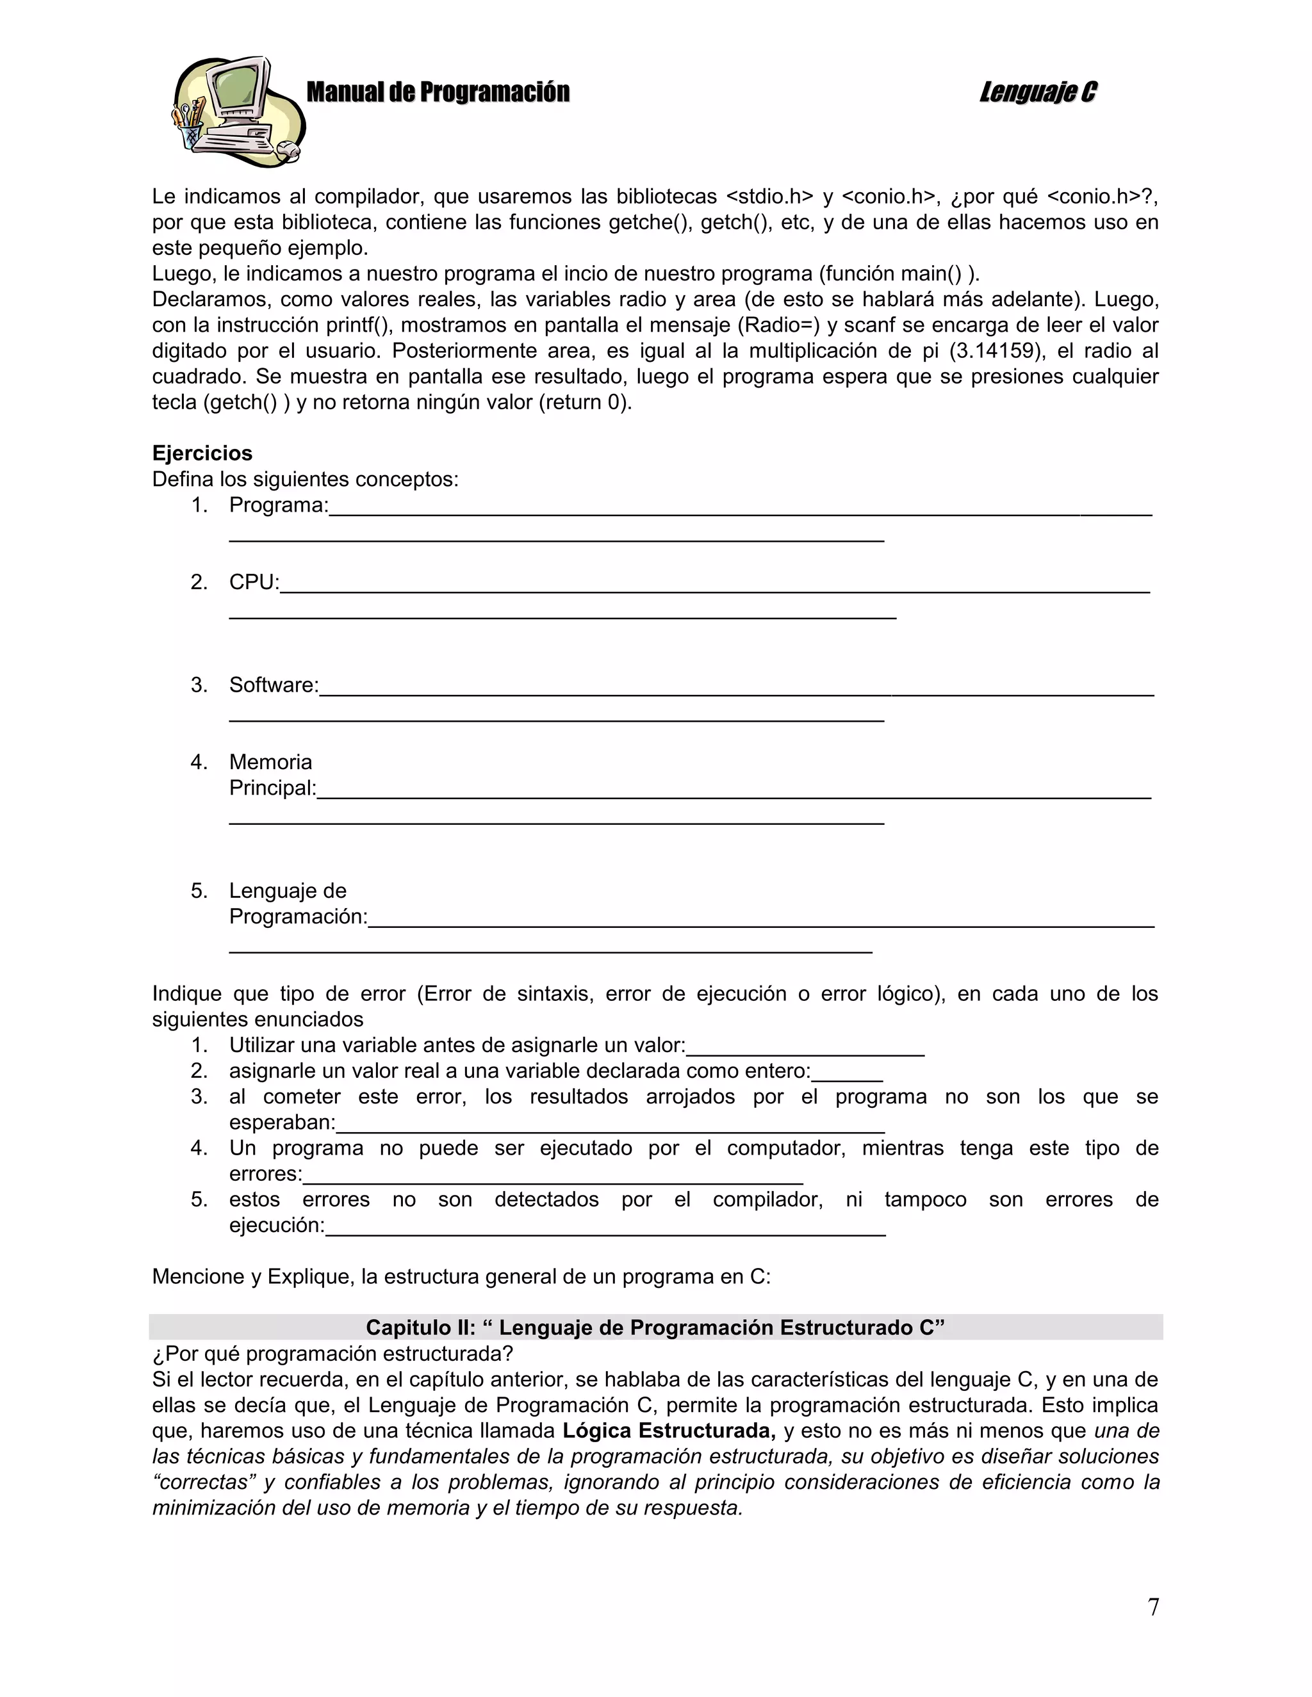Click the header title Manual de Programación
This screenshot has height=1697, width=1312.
(x=438, y=92)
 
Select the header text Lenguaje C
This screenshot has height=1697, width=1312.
(x=1038, y=92)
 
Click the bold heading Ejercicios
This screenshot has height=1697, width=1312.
(x=202, y=453)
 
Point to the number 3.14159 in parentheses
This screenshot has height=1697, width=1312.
(x=996, y=350)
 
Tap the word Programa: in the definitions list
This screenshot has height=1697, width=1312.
(x=278, y=505)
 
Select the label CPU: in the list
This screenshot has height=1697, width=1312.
(x=254, y=582)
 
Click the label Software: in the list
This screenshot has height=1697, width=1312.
(x=274, y=685)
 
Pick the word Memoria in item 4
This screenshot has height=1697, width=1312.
(x=270, y=761)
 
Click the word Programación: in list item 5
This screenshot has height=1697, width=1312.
(x=298, y=916)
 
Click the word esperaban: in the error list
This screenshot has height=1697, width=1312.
(x=282, y=1122)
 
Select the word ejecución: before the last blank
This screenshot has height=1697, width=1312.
(x=277, y=1224)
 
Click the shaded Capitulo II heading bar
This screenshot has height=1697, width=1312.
(x=655, y=1327)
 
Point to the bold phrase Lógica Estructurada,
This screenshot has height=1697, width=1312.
(x=668, y=1431)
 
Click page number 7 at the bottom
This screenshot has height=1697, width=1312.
(x=1153, y=1606)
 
